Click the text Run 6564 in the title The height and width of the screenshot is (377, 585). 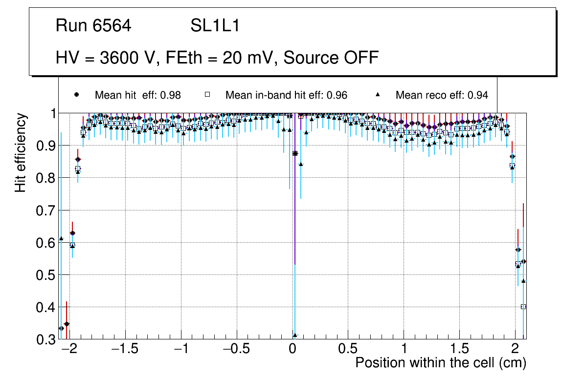pos(93,26)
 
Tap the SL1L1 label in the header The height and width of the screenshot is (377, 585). pos(215,26)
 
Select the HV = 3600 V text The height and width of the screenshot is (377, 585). pos(105,58)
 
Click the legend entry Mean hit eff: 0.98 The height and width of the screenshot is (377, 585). pos(137,95)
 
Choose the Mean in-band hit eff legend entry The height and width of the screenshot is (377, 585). pos(286,95)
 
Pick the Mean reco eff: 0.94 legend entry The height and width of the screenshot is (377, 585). pos(442,95)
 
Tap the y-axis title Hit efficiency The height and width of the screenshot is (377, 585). pos(21,152)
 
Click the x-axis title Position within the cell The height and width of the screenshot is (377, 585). pos(441,363)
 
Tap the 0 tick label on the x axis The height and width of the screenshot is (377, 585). pos(292,349)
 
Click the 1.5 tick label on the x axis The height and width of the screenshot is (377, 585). pos(459,349)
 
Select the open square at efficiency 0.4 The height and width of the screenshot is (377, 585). pos(523,307)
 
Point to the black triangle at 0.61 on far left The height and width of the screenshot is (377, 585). pos(61,238)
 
